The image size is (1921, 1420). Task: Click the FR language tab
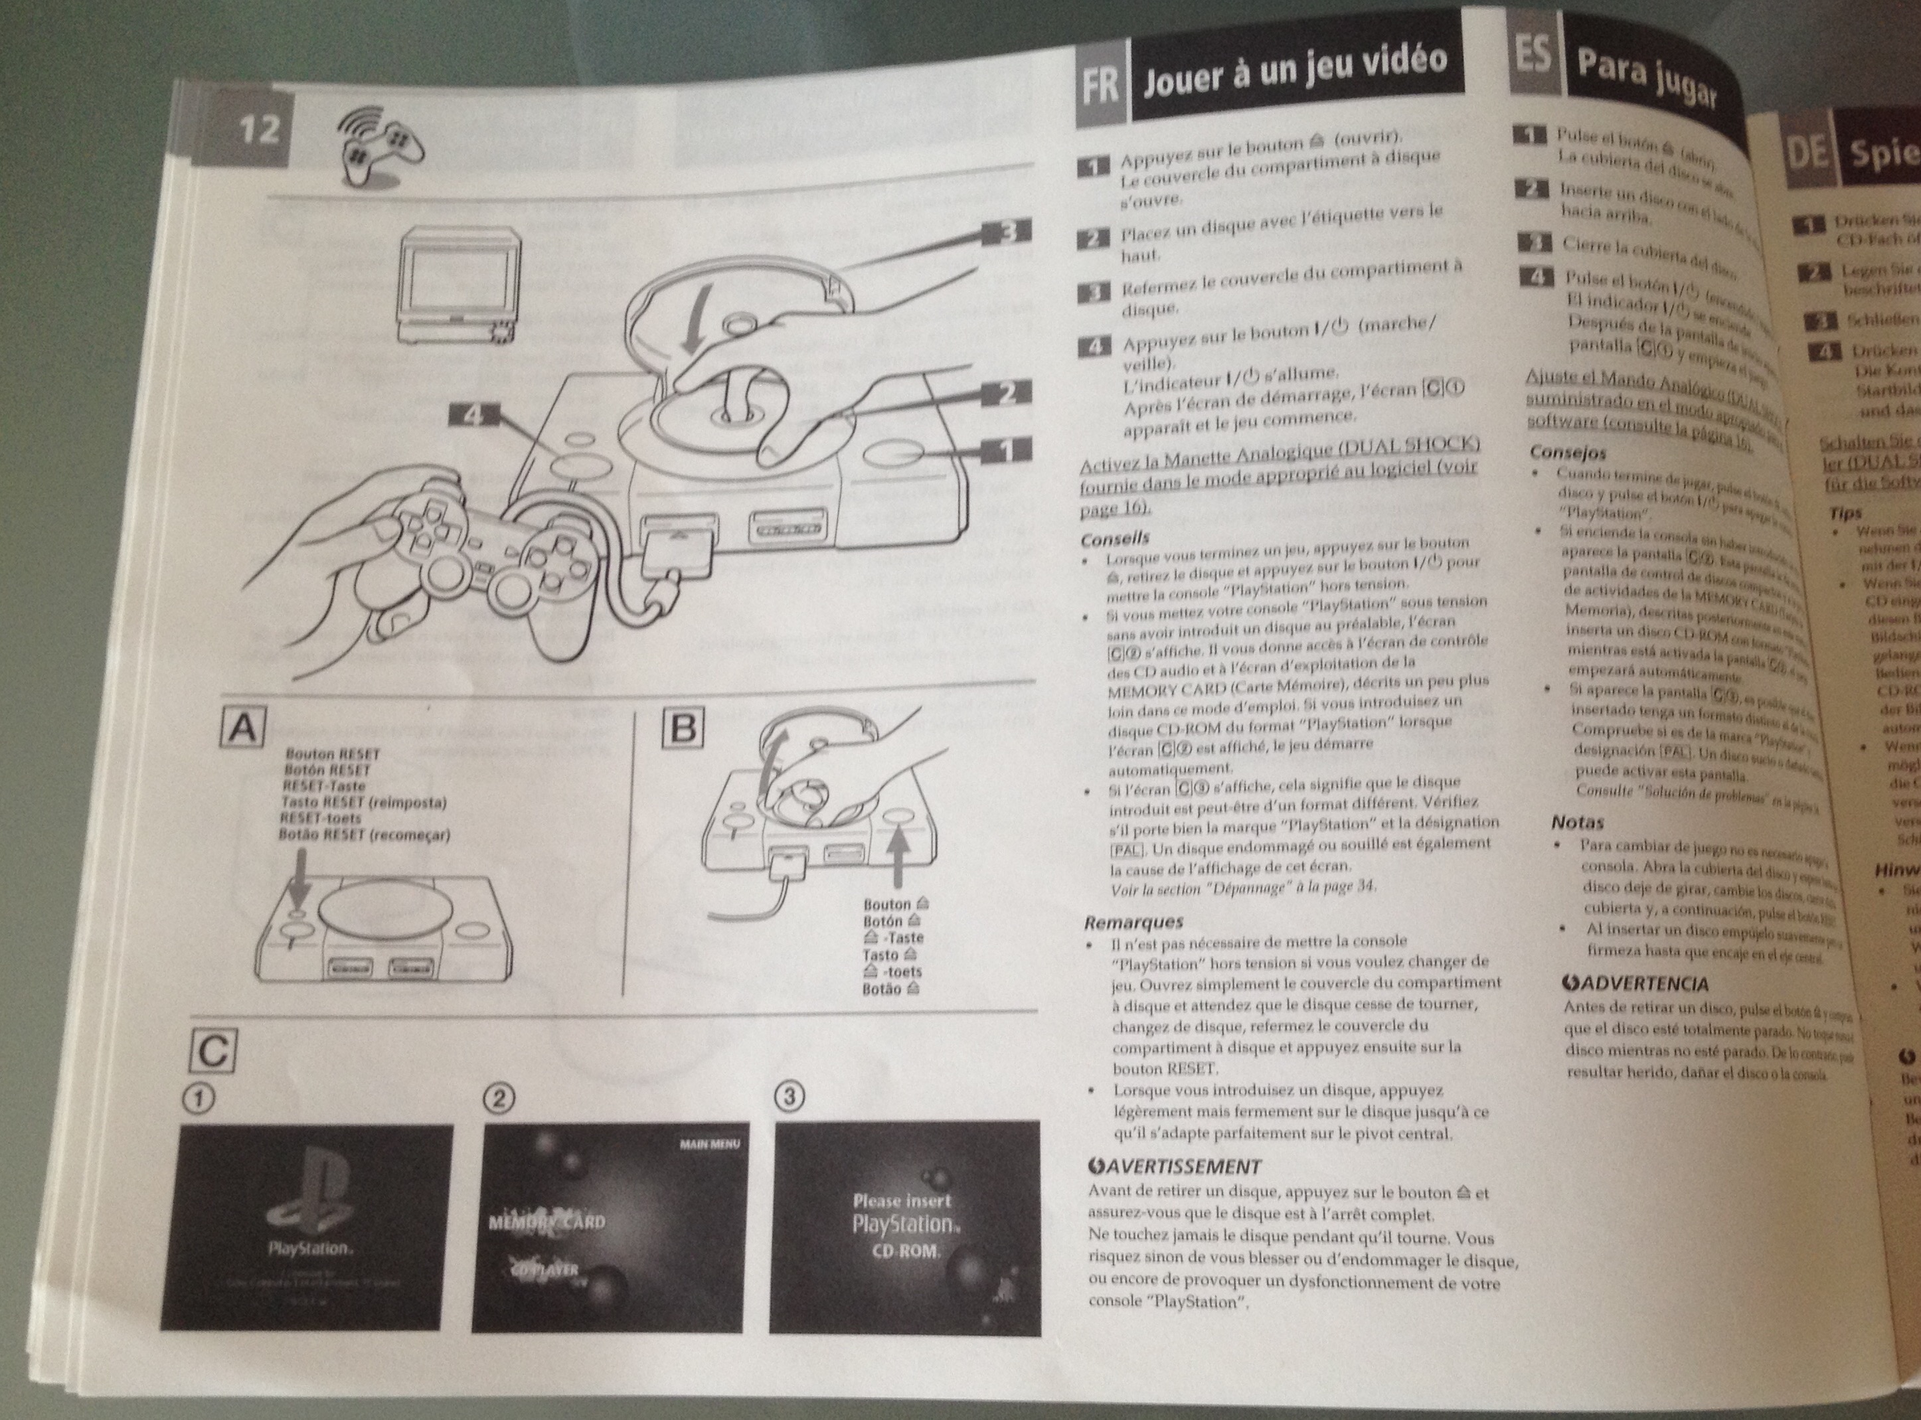point(1100,87)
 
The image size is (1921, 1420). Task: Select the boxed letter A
point(242,728)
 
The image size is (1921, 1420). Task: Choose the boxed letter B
point(683,728)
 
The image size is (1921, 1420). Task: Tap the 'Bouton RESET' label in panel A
point(333,754)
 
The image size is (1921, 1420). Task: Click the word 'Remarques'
point(1133,922)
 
